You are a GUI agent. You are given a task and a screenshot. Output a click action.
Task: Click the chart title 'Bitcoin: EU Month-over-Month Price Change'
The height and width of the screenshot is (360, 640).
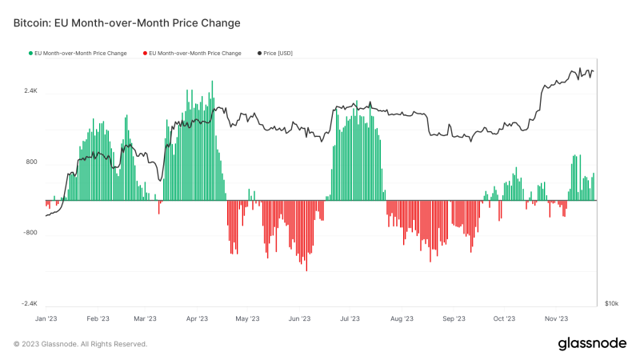point(126,23)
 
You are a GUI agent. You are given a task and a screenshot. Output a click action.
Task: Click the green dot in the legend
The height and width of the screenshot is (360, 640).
point(30,53)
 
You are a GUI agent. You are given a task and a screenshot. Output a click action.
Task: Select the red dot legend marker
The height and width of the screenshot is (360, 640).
point(145,53)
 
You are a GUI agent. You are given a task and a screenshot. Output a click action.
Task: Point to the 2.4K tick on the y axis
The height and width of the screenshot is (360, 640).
point(30,91)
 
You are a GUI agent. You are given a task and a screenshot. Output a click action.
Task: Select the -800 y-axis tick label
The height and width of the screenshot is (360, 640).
point(30,234)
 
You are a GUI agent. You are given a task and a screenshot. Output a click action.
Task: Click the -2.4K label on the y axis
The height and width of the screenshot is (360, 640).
point(29,304)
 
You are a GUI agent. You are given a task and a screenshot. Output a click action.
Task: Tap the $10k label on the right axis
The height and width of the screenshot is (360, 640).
point(611,304)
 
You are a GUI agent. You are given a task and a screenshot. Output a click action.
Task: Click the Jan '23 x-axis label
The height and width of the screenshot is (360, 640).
point(46,318)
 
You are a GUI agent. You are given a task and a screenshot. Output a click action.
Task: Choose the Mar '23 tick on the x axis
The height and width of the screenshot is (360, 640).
point(145,318)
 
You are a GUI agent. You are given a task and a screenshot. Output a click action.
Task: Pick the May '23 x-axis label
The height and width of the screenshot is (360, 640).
point(248,318)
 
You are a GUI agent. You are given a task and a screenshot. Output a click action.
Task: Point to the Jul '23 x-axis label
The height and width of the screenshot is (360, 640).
point(350,318)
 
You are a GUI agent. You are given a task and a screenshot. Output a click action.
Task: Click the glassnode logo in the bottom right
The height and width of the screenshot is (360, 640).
point(591,343)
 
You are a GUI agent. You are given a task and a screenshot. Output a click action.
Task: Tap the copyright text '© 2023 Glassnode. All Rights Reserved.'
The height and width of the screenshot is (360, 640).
point(80,344)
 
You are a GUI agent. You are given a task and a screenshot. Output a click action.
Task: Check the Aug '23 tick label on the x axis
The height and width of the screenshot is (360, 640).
point(402,318)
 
